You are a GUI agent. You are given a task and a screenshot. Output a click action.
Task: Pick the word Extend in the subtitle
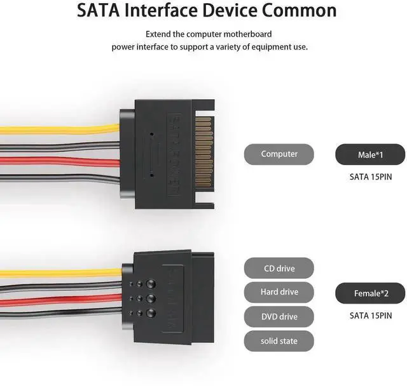point(158,34)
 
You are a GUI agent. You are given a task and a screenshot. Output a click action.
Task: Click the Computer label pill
point(279,154)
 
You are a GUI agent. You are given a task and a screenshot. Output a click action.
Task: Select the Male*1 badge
point(369,154)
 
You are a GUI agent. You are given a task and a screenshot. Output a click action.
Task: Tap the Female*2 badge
point(369,293)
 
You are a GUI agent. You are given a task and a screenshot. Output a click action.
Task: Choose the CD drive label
point(279,269)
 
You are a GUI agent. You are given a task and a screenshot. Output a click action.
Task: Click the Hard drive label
point(279,292)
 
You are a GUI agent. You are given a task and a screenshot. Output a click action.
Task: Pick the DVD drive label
point(279,316)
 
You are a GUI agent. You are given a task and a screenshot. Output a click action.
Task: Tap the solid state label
point(279,341)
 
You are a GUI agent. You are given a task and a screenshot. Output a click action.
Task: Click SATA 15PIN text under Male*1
point(369,177)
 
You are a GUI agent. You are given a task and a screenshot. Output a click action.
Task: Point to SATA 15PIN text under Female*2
point(369,315)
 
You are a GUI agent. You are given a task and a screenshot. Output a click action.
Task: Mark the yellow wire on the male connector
point(57,129)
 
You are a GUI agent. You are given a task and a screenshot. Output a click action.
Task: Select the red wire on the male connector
point(57,162)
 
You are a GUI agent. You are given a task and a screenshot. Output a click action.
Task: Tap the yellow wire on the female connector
point(57,273)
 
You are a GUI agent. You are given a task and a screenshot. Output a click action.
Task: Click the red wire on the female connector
point(57,298)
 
